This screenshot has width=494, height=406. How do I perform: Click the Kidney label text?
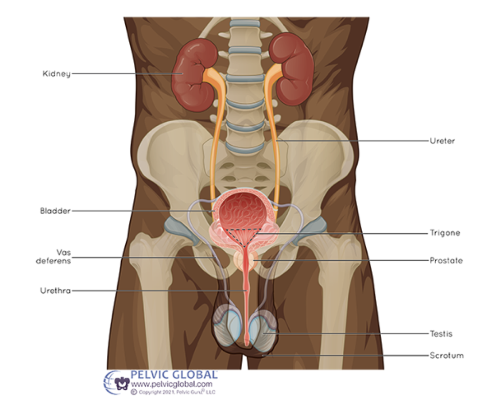click(56, 74)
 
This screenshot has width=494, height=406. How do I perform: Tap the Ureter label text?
click(442, 141)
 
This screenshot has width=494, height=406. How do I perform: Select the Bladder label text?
click(55, 211)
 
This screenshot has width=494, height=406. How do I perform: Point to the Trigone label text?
click(445, 233)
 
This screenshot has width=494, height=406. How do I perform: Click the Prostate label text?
click(446, 260)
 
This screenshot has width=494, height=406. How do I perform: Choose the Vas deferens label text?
click(53, 257)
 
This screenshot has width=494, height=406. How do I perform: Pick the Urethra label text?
click(55, 291)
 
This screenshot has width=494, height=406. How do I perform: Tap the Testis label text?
click(441, 334)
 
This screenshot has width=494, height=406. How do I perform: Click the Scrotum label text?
click(446, 355)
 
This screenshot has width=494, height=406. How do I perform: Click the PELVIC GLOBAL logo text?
click(174, 374)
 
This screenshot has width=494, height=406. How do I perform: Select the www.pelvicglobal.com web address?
click(171, 384)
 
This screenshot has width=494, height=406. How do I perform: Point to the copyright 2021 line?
click(174, 392)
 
